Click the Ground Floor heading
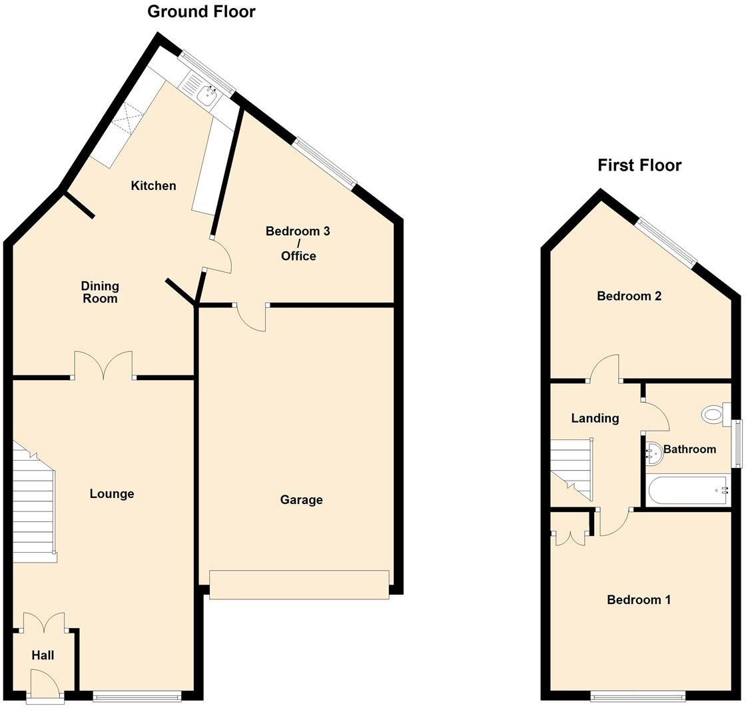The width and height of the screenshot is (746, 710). coord(201,11)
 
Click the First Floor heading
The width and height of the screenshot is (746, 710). coord(639,165)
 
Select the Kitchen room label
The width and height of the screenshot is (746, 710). coord(153,185)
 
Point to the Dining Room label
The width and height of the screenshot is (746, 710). coord(100,292)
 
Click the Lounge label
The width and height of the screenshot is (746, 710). coord(112,493)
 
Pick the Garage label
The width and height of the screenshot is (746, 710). coord(301,499)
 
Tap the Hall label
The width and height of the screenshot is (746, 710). coord(43,655)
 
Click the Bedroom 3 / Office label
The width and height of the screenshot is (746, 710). coord(298,243)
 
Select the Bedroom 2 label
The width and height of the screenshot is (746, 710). coord(629,295)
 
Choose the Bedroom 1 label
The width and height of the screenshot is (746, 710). coord(639,599)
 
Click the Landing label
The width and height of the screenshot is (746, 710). coord(595,418)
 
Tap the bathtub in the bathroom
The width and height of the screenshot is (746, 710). coord(688,490)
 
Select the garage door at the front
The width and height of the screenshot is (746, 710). coord(299,585)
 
